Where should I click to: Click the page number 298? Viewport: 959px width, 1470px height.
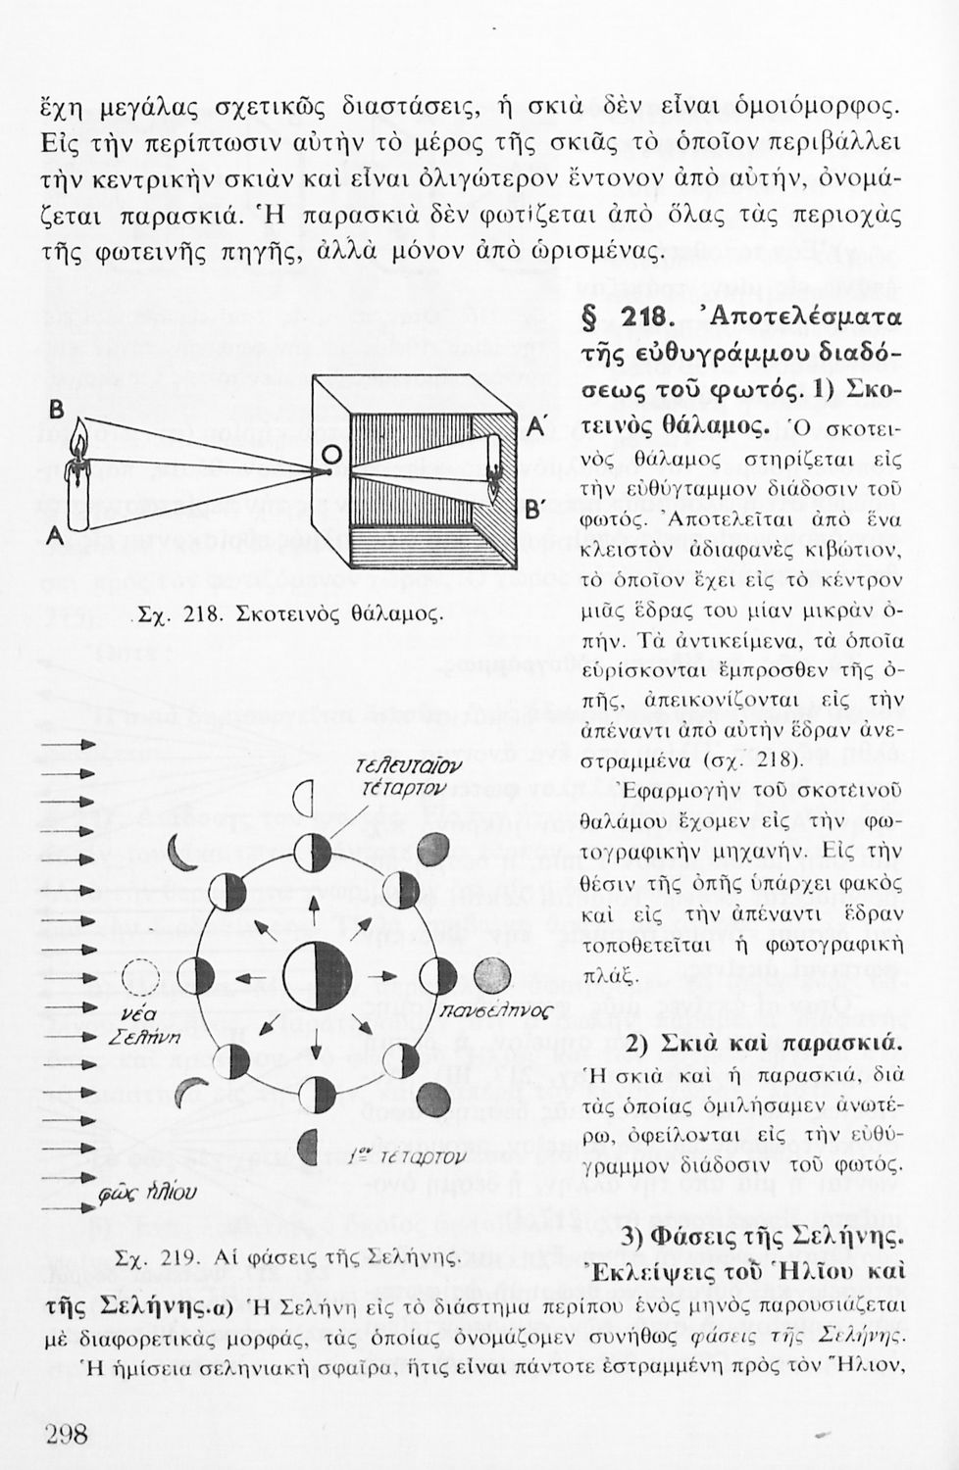coord(67,1435)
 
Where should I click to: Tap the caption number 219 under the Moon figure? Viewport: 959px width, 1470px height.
coord(183,1258)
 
